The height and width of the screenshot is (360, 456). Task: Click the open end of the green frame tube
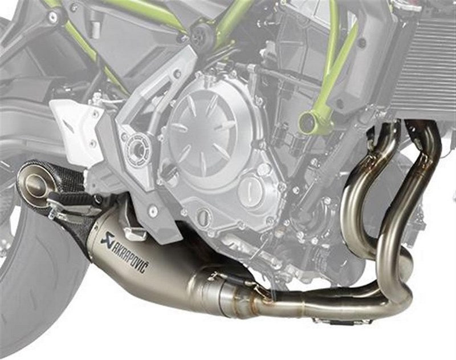(308, 119)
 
